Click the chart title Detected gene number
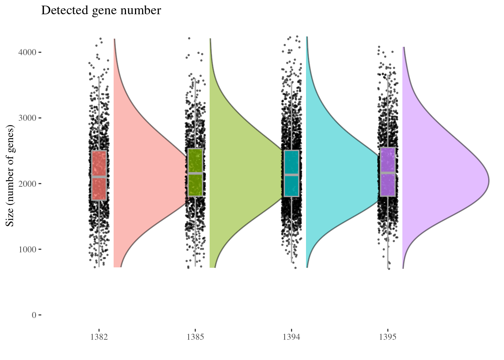tap(101, 10)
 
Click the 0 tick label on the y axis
tap(34, 315)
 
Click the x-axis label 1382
tap(99, 337)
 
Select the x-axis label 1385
tap(195, 337)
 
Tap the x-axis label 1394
tap(291, 337)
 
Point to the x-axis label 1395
tap(388, 337)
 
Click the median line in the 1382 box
tap(99, 177)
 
